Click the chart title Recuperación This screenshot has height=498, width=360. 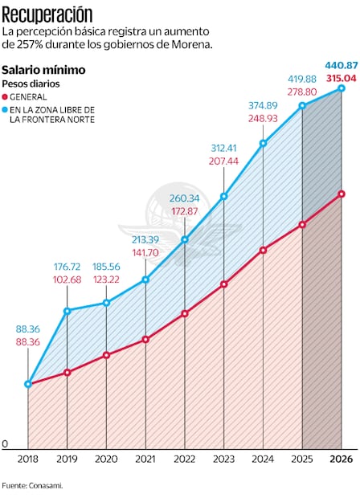(47, 14)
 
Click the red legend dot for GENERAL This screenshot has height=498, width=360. (6, 96)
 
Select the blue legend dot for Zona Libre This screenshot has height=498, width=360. (6, 108)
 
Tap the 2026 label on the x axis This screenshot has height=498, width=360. (342, 459)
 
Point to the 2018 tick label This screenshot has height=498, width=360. (28, 459)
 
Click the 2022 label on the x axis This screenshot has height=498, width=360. (185, 459)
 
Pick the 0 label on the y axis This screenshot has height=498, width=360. (5, 443)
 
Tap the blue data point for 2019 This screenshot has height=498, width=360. (67, 310)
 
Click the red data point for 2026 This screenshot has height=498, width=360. (342, 194)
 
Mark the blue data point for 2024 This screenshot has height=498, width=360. (264, 144)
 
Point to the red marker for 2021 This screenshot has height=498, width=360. (145, 340)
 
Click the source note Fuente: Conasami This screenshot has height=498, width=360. (32, 485)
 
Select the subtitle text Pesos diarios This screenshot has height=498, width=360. (30, 84)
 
